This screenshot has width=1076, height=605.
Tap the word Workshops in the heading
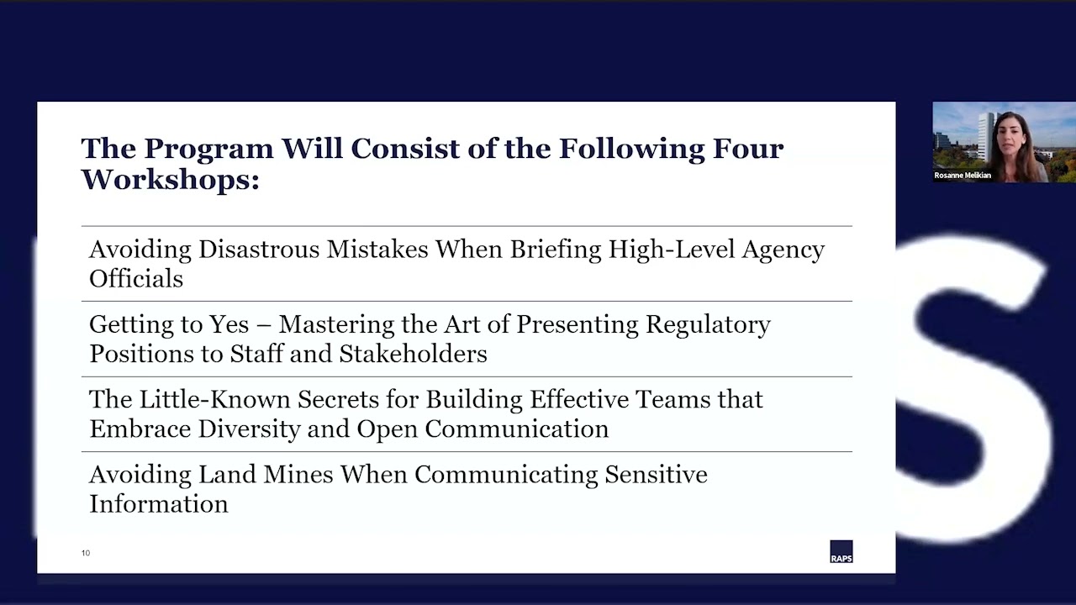(x=170, y=179)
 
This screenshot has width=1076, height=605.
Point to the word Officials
(x=136, y=279)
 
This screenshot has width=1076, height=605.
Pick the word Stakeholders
(x=413, y=354)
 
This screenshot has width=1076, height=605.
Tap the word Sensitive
(x=656, y=475)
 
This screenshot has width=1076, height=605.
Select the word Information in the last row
(x=159, y=504)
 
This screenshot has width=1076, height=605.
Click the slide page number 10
(x=86, y=553)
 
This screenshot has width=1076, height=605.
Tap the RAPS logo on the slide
(x=841, y=552)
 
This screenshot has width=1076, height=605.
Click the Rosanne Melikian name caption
(x=963, y=176)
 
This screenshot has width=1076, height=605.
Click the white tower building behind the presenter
(x=984, y=134)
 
